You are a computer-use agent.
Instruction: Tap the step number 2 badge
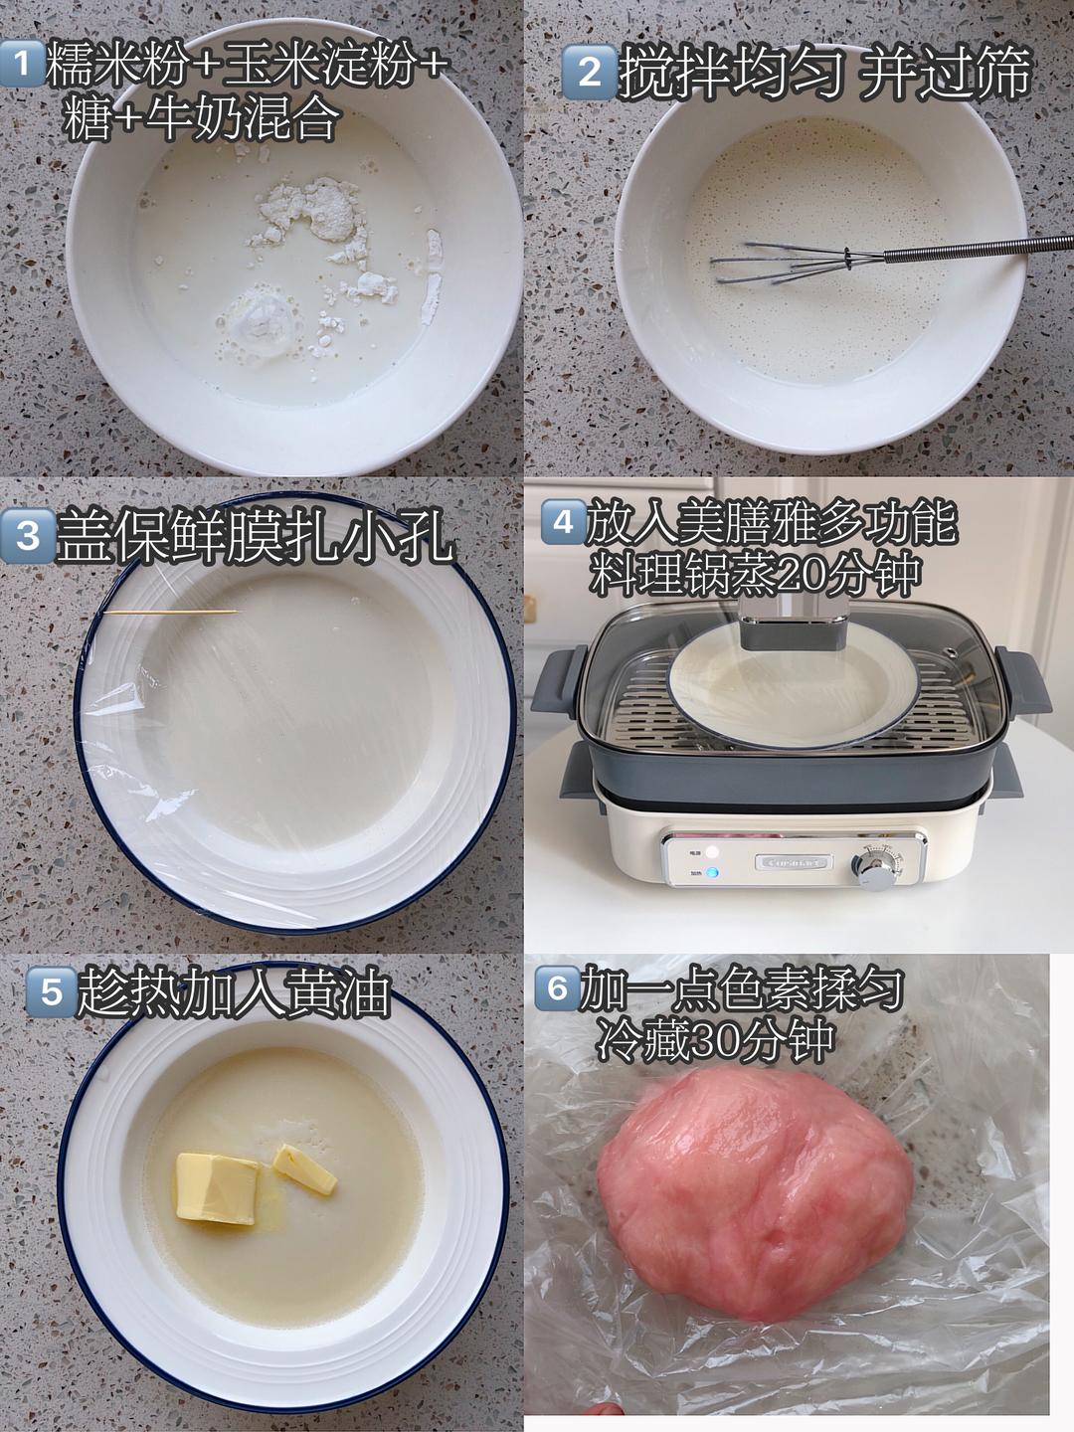pyautogui.click(x=590, y=72)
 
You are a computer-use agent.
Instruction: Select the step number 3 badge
pyautogui.click(x=28, y=536)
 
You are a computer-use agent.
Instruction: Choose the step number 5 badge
pyautogui.click(x=51, y=992)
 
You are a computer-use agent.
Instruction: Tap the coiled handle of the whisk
pyautogui.click(x=975, y=248)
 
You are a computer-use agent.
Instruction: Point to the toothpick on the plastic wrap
pyautogui.click(x=169, y=612)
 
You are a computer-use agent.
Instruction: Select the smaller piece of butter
pyautogui.click(x=305, y=1169)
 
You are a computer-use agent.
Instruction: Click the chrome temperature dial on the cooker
pyautogui.click(x=877, y=865)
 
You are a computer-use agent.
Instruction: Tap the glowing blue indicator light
pyautogui.click(x=711, y=874)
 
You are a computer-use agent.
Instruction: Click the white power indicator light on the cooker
pyautogui.click(x=711, y=851)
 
